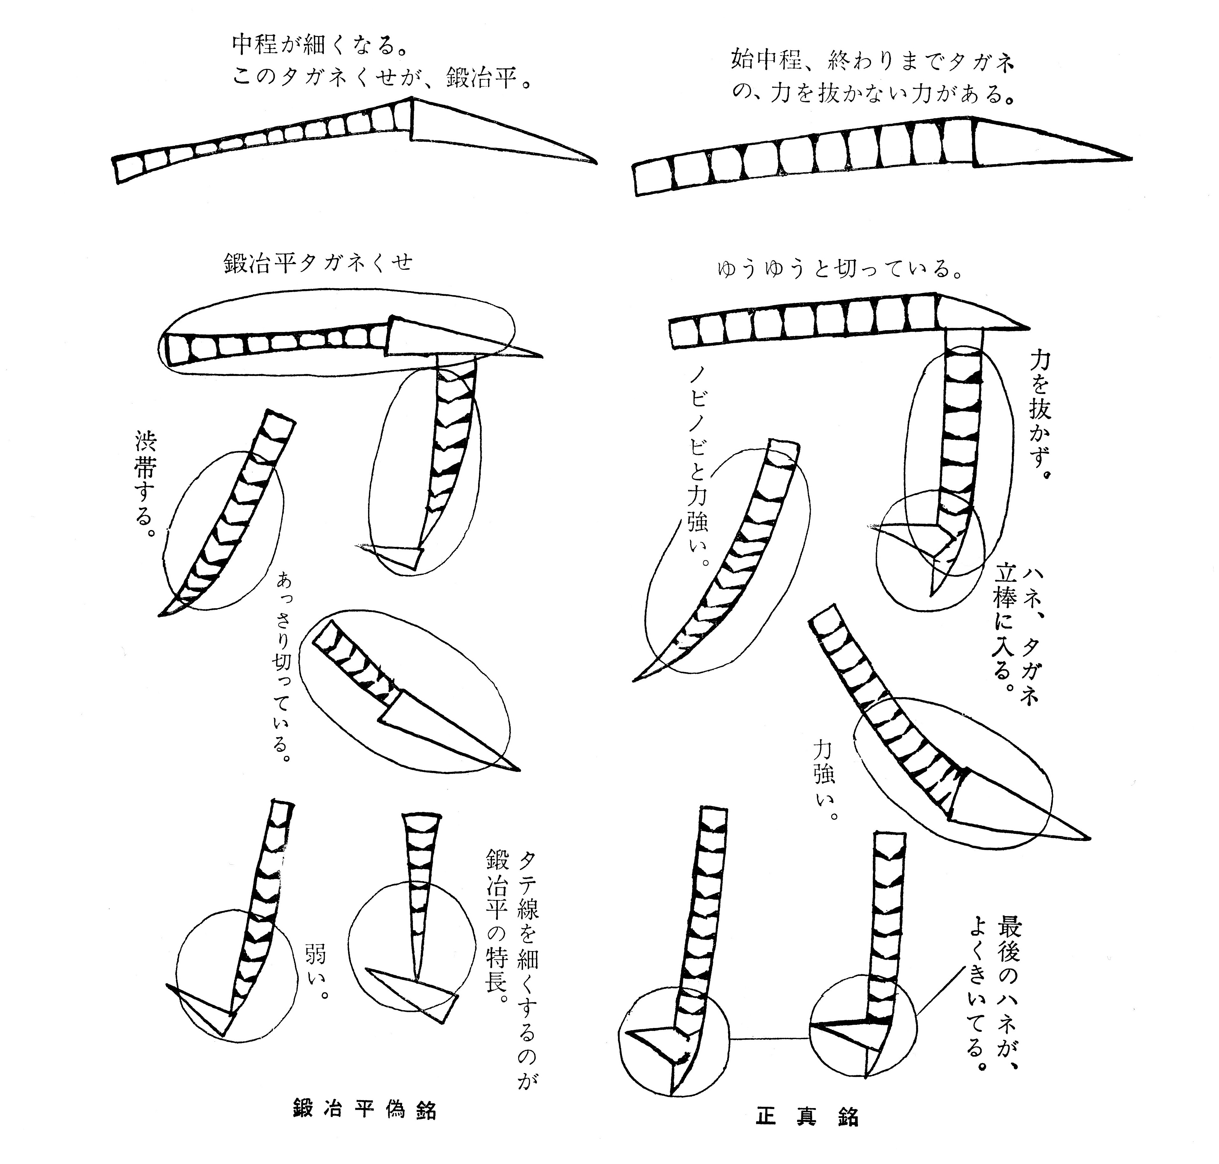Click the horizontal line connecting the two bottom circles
point(770,1038)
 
